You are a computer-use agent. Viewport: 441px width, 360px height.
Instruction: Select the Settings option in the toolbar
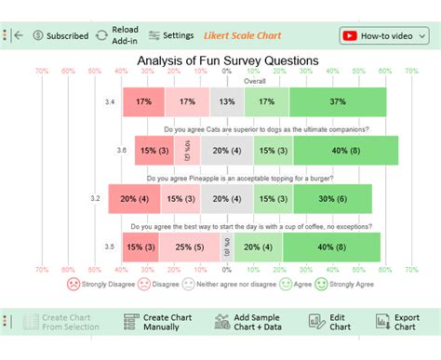tap(170, 36)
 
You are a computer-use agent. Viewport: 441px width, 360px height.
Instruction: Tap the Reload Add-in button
tap(115, 36)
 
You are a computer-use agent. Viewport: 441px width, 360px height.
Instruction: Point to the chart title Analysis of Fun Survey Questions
tap(228, 60)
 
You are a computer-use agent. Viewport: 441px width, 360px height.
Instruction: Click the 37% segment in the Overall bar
tap(337, 101)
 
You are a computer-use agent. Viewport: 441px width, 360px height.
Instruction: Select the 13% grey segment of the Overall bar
tap(227, 101)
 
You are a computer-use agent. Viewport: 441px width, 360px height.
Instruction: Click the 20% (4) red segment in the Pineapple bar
tap(133, 198)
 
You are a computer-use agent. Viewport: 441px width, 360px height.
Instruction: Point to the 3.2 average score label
tap(95, 198)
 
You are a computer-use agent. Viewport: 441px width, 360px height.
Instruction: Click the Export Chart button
tap(398, 322)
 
